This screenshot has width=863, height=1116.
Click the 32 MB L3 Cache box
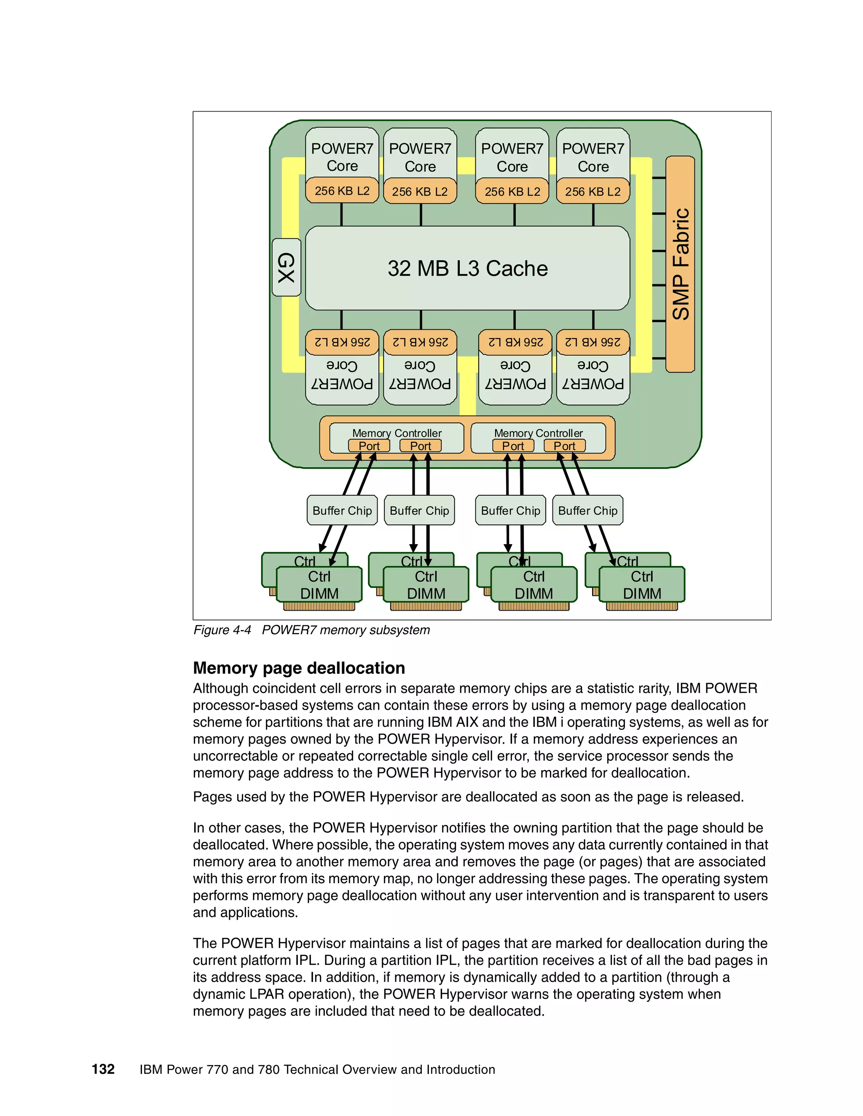[x=467, y=268]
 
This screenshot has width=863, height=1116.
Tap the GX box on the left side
[x=286, y=267]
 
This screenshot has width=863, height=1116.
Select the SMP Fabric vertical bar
[x=680, y=264]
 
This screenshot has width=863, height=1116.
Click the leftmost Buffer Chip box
[x=342, y=510]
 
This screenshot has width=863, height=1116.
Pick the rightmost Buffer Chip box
[x=587, y=510]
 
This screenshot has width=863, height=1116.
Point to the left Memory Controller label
[x=397, y=433]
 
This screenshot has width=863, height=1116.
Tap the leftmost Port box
[x=369, y=446]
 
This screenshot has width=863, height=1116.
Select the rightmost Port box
[x=564, y=446]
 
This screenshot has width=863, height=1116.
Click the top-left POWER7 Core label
[x=342, y=157]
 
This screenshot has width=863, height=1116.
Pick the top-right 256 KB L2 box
[x=592, y=192]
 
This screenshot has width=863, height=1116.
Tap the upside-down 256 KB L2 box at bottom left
[x=342, y=342]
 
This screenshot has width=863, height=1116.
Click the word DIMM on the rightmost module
[x=642, y=594]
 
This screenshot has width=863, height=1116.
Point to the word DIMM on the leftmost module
[x=319, y=594]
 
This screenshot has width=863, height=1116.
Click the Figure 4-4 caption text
[x=311, y=630]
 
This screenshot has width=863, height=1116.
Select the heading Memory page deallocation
[x=299, y=668]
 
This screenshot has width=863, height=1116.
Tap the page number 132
[x=103, y=1070]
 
